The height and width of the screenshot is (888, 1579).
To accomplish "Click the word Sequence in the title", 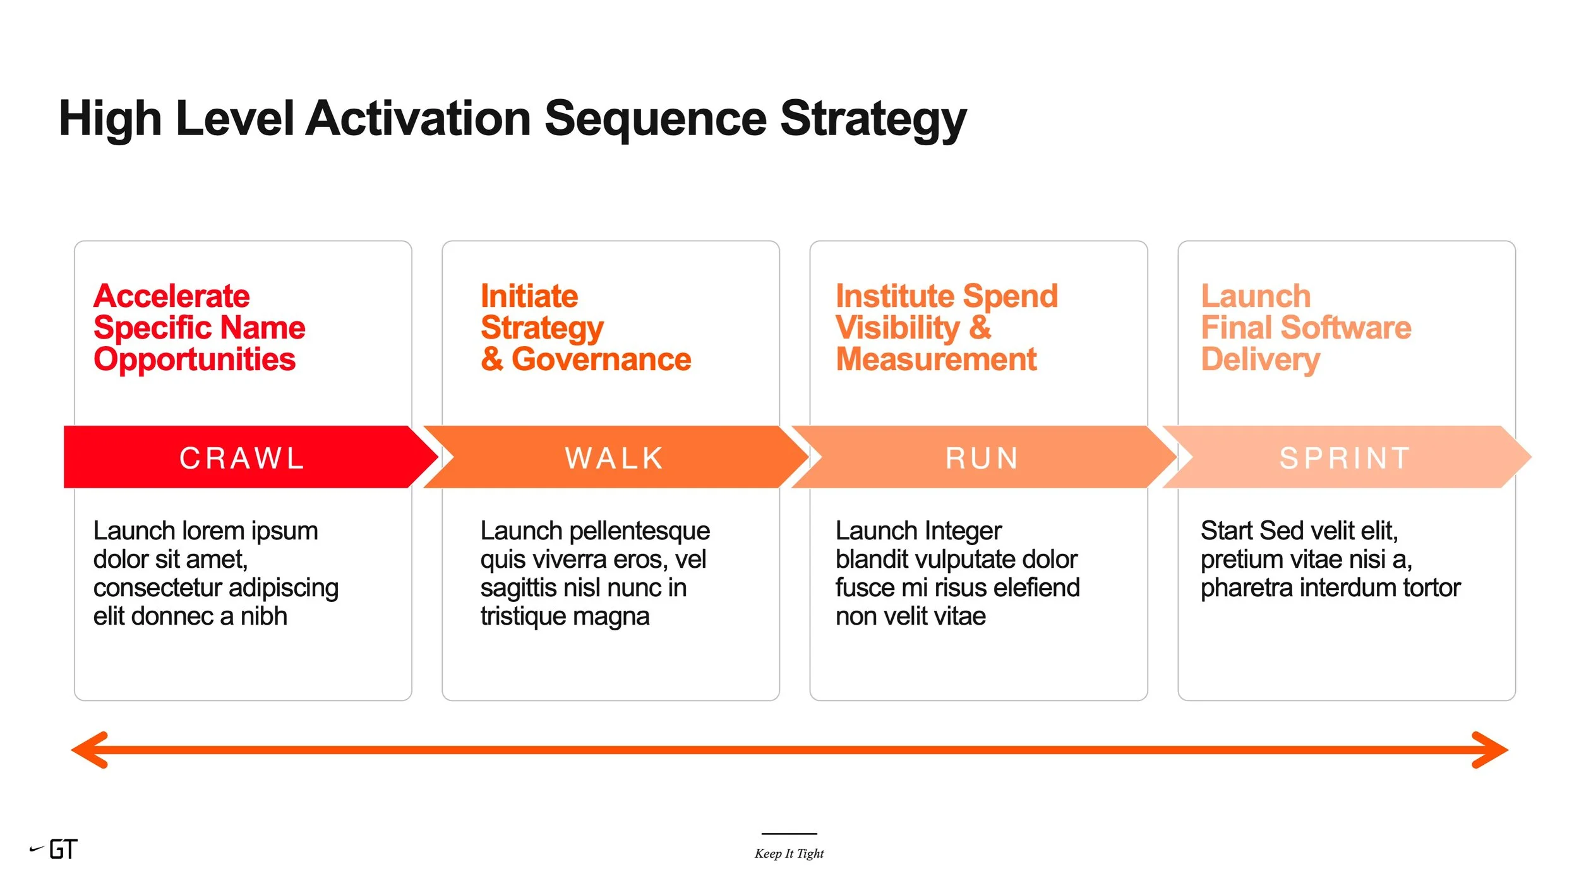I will point(656,119).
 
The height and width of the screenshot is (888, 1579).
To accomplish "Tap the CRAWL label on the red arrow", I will point(243,458).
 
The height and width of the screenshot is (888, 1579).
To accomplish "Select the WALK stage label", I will point(615,458).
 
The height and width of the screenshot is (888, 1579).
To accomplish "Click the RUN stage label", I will point(982,458).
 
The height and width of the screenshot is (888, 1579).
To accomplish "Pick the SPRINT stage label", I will point(1345,458).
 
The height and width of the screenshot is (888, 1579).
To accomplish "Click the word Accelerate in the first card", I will point(172,296).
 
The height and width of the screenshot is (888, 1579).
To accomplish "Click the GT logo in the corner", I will point(62,849).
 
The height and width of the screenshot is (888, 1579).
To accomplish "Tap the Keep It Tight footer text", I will point(789,853).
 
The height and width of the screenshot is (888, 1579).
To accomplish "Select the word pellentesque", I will point(639,531).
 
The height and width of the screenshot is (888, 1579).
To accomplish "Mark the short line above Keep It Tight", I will point(789,834).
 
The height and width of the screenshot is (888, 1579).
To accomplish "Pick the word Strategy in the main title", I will point(874,119).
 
